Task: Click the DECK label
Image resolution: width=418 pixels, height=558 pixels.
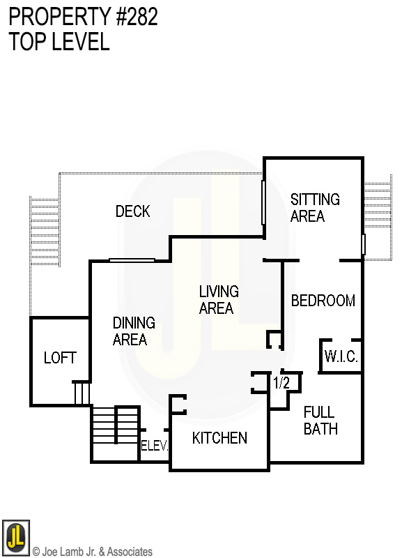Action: tap(132, 211)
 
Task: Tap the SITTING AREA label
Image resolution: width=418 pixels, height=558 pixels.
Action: tap(315, 208)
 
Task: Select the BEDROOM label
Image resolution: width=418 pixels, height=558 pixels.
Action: tap(323, 301)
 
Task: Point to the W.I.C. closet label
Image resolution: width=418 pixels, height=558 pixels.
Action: tap(341, 357)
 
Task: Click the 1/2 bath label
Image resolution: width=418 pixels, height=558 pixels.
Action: tap(281, 382)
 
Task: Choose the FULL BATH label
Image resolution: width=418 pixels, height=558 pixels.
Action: tap(320, 420)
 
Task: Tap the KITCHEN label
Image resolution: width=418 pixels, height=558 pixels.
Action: tap(219, 438)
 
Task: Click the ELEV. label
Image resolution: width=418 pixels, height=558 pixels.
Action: tap(155, 446)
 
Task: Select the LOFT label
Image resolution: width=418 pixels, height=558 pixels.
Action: tap(60, 358)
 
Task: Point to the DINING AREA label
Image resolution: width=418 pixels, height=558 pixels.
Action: tap(133, 331)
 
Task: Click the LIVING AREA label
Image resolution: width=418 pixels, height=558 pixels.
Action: tap(218, 299)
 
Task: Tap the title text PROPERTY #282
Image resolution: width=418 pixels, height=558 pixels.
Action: tap(84, 17)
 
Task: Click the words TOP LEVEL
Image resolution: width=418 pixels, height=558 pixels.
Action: tap(59, 42)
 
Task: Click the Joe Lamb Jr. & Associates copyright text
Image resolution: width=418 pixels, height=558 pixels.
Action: tap(93, 552)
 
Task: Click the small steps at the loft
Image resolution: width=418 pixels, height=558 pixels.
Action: tap(82, 393)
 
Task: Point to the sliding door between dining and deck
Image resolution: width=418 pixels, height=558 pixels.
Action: tap(132, 260)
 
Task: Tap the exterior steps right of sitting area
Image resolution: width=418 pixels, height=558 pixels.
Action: tap(378, 206)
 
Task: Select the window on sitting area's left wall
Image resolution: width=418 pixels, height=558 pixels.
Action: tap(263, 202)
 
